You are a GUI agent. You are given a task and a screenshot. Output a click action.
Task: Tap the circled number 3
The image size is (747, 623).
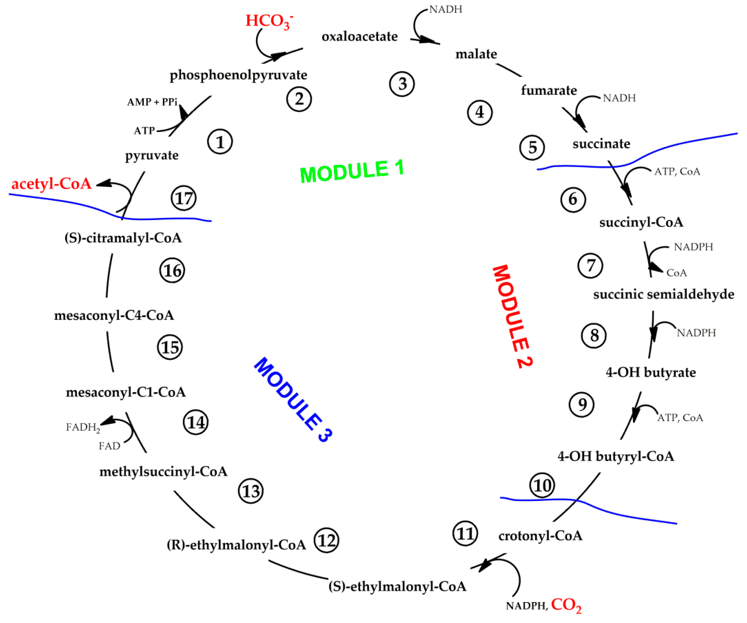(402, 84)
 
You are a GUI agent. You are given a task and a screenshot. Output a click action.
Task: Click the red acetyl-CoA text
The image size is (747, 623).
(52, 184)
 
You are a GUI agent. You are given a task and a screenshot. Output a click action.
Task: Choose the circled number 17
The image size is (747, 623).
(184, 198)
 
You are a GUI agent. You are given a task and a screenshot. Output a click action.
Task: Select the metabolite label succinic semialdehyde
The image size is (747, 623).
(663, 294)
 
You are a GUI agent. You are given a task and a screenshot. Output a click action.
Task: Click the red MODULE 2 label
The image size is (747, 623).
(512, 317)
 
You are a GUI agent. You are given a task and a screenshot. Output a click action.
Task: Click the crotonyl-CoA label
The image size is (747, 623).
(540, 536)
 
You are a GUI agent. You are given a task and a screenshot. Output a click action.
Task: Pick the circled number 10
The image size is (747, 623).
(542, 485)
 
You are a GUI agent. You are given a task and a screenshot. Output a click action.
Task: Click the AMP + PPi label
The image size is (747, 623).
(152, 102)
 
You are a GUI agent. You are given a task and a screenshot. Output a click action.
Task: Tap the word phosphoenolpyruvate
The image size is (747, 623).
(238, 75)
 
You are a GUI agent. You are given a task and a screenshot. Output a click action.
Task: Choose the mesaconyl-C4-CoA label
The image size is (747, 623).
(114, 315)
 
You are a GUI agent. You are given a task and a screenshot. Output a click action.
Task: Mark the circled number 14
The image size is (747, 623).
(196, 422)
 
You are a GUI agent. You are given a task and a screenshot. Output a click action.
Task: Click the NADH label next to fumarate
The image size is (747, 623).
(619, 98)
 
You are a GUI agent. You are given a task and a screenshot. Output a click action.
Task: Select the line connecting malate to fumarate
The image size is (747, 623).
(509, 70)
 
